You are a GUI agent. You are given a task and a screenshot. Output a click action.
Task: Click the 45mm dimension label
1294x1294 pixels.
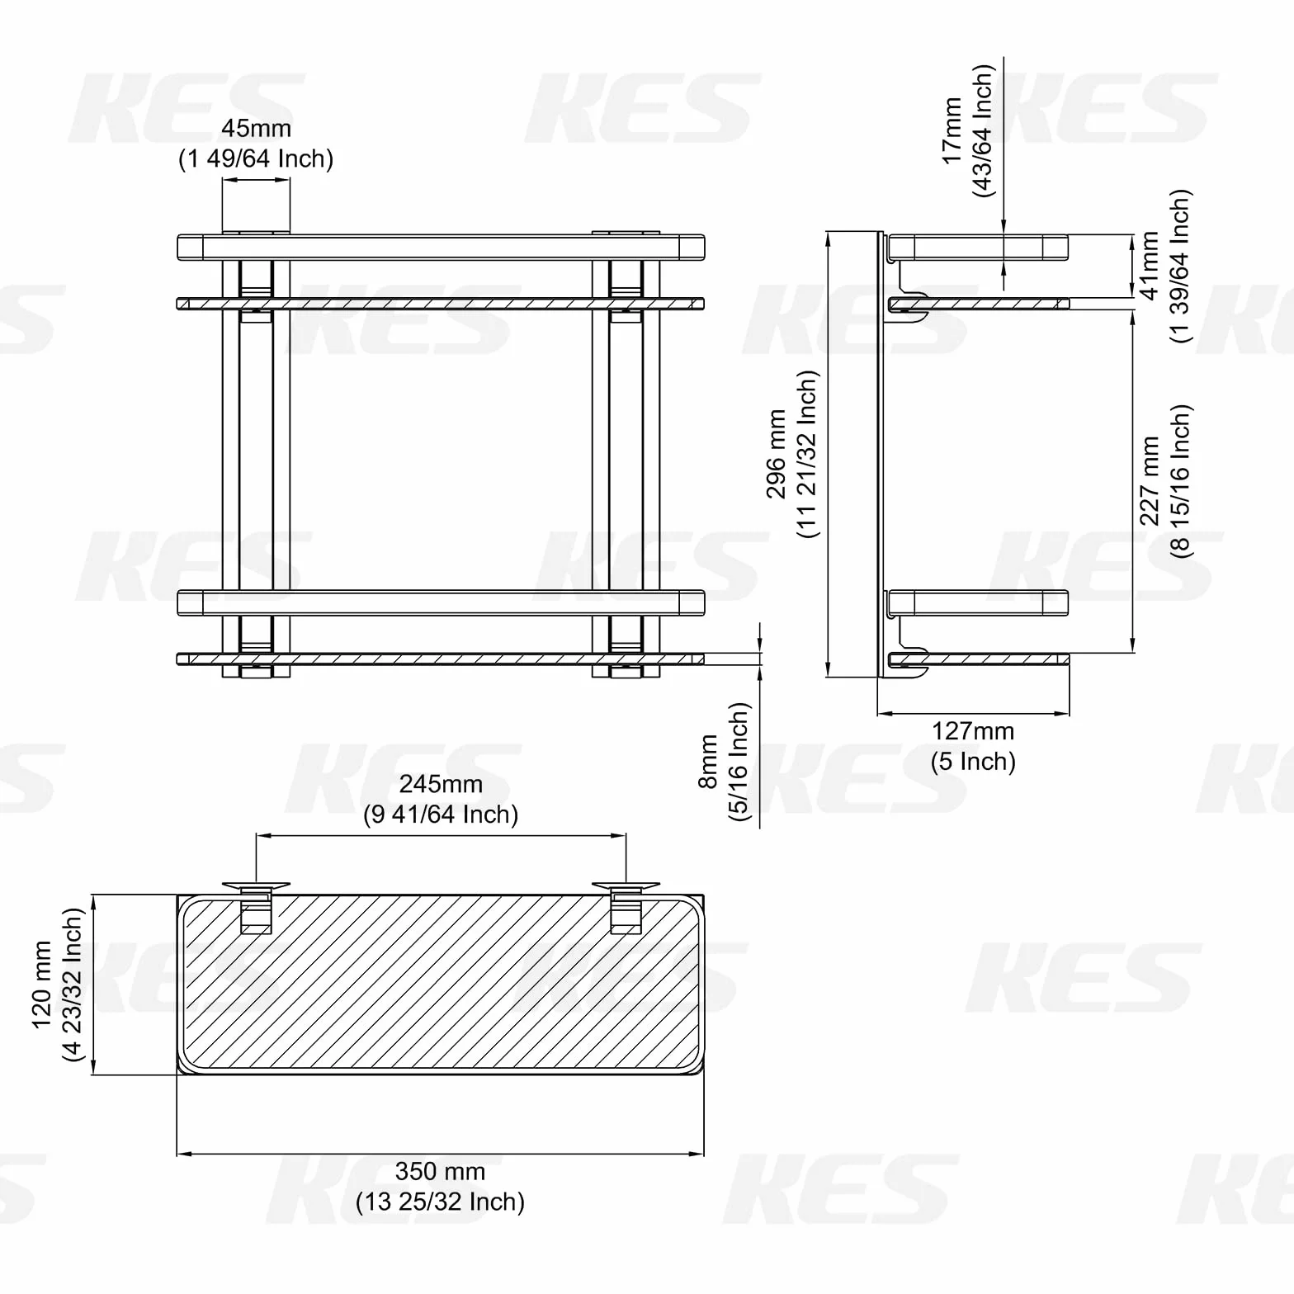pyautogui.click(x=256, y=129)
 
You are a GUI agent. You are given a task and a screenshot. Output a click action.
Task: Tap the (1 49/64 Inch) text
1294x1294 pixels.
pyautogui.click(x=256, y=158)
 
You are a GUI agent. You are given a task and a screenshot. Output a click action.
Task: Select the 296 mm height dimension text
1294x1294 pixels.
pyautogui.click(x=777, y=454)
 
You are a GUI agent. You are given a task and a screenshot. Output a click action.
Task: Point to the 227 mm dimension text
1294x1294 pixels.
pyautogui.click(x=1150, y=481)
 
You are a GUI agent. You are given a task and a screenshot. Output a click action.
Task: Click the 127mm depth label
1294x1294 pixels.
pyautogui.click(x=973, y=731)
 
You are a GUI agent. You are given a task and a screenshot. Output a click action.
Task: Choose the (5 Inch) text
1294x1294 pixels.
pyautogui.click(x=973, y=761)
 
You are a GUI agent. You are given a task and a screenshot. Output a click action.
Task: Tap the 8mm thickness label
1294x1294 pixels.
pyautogui.click(x=709, y=761)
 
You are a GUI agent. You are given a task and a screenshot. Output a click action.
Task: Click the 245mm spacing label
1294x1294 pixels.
pyautogui.click(x=441, y=784)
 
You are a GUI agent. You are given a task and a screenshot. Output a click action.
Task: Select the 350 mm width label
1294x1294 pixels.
pyautogui.click(x=440, y=1171)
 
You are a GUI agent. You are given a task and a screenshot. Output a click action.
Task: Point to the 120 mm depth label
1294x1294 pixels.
pyautogui.click(x=42, y=985)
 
